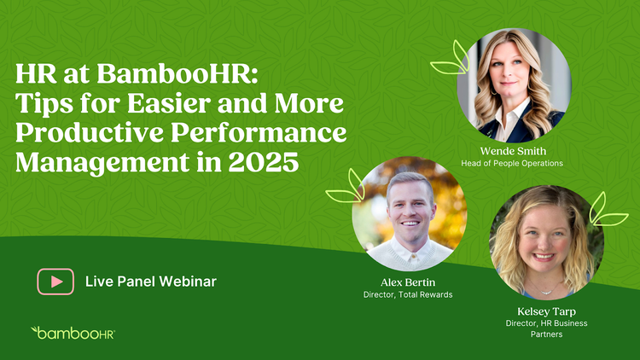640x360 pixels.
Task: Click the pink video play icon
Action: pos(55,282)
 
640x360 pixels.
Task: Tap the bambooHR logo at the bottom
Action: pos(73,333)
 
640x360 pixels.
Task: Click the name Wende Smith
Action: pos(513,151)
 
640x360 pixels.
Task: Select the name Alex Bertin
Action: pos(408,282)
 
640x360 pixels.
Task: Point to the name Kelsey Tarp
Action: pos(546,311)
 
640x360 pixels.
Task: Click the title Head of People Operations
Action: pos(512,163)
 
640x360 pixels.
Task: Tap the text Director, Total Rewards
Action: pos(408,294)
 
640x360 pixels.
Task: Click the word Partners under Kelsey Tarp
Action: pos(546,334)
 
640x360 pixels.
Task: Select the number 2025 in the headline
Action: pos(264,162)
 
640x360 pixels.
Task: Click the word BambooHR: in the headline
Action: pos(177,74)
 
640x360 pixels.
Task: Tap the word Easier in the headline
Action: pos(170,103)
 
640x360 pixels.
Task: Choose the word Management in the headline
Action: pos(102,163)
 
